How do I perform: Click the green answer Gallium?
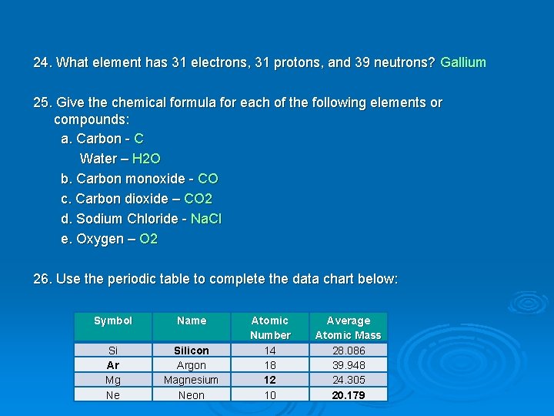click(463, 62)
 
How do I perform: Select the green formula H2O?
click(146, 159)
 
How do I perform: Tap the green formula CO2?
click(199, 199)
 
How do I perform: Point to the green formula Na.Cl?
click(206, 219)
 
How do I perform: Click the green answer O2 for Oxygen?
click(149, 239)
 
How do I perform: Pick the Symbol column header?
click(113, 320)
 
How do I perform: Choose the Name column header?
click(192, 320)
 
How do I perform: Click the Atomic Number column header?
click(270, 327)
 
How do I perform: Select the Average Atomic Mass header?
click(349, 327)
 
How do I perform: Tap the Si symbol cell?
click(113, 351)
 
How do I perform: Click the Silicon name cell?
click(192, 351)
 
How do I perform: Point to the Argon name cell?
click(192, 365)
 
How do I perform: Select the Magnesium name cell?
click(192, 380)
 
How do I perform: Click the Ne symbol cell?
click(113, 395)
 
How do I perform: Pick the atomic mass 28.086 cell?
click(349, 351)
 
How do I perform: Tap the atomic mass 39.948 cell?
click(349, 365)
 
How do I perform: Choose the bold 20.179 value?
click(349, 395)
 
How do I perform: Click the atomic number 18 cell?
click(270, 365)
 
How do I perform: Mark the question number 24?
click(42, 62)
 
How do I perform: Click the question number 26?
click(42, 279)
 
